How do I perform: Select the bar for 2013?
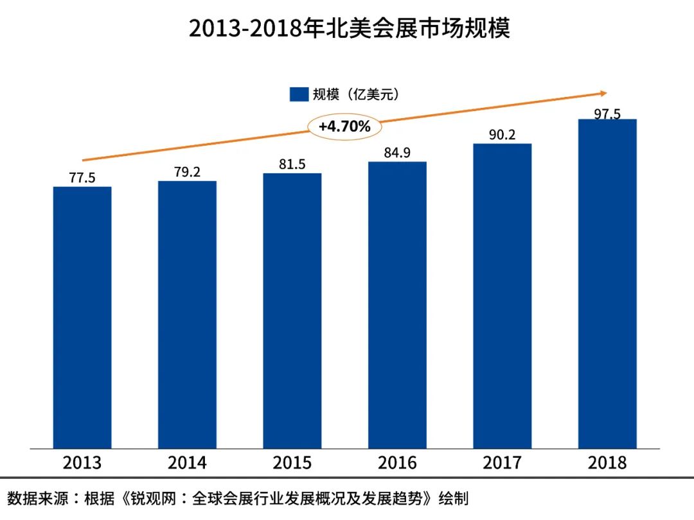pyautogui.click(x=82, y=317)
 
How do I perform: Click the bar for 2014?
pyautogui.click(x=187, y=315)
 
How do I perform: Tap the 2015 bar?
pyautogui.click(x=292, y=311)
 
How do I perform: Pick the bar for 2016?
pyautogui.click(x=397, y=305)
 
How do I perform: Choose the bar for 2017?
pyautogui.click(x=503, y=296)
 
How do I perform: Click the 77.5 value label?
pyautogui.click(x=82, y=178)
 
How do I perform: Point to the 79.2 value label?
pyautogui.click(x=187, y=172)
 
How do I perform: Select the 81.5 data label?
pyautogui.click(x=292, y=164)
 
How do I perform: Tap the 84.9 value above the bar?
pyautogui.click(x=397, y=153)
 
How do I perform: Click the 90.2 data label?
pyautogui.click(x=503, y=135)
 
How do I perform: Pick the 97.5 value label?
pyautogui.click(x=607, y=114)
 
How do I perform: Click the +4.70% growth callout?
pyautogui.click(x=345, y=126)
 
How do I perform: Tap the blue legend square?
pyautogui.click(x=299, y=94)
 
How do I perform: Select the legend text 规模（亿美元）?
pyautogui.click(x=356, y=94)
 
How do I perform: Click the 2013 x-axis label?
pyautogui.click(x=82, y=462)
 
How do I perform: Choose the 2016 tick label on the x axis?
pyautogui.click(x=397, y=462)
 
